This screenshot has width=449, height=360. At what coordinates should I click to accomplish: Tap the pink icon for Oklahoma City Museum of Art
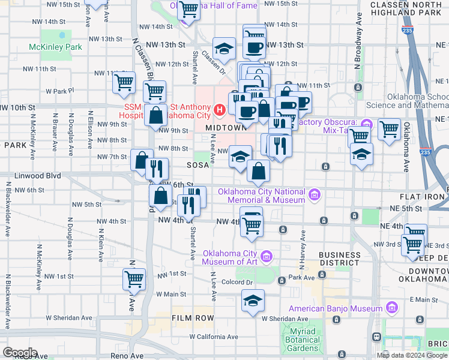(x=267, y=257)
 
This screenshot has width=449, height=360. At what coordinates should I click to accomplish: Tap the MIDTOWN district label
(x=226, y=128)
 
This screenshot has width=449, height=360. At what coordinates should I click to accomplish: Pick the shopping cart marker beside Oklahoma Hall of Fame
(x=188, y=10)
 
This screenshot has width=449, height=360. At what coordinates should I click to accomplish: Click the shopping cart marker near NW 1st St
(x=134, y=278)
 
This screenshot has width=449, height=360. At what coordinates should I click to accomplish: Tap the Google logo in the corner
(x=19, y=353)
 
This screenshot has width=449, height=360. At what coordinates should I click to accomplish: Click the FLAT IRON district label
(x=423, y=197)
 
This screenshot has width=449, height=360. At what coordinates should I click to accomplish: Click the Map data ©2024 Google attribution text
(x=412, y=355)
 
